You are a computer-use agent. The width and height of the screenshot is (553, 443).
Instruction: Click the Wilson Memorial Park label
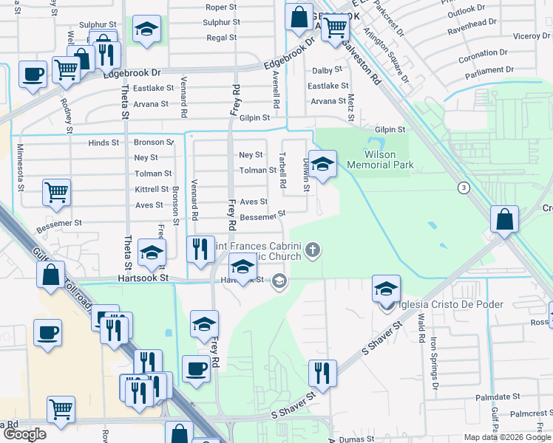388,160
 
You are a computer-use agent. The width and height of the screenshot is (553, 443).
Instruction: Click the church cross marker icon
313,250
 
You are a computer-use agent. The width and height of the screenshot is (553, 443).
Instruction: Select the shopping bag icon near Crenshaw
503,219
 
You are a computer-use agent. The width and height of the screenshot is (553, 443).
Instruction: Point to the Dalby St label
327,70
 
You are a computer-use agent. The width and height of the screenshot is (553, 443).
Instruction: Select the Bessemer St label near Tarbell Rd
262,216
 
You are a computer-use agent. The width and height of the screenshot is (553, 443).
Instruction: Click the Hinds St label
104,142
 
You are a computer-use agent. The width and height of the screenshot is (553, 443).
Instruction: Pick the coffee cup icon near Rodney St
34,75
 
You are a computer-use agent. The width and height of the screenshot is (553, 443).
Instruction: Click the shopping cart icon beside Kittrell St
57,193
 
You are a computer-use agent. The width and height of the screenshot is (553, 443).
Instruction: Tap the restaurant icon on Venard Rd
199,250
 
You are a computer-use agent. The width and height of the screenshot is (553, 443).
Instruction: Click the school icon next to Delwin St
322,164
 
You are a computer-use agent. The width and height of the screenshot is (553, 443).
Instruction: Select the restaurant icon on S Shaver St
322,374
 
